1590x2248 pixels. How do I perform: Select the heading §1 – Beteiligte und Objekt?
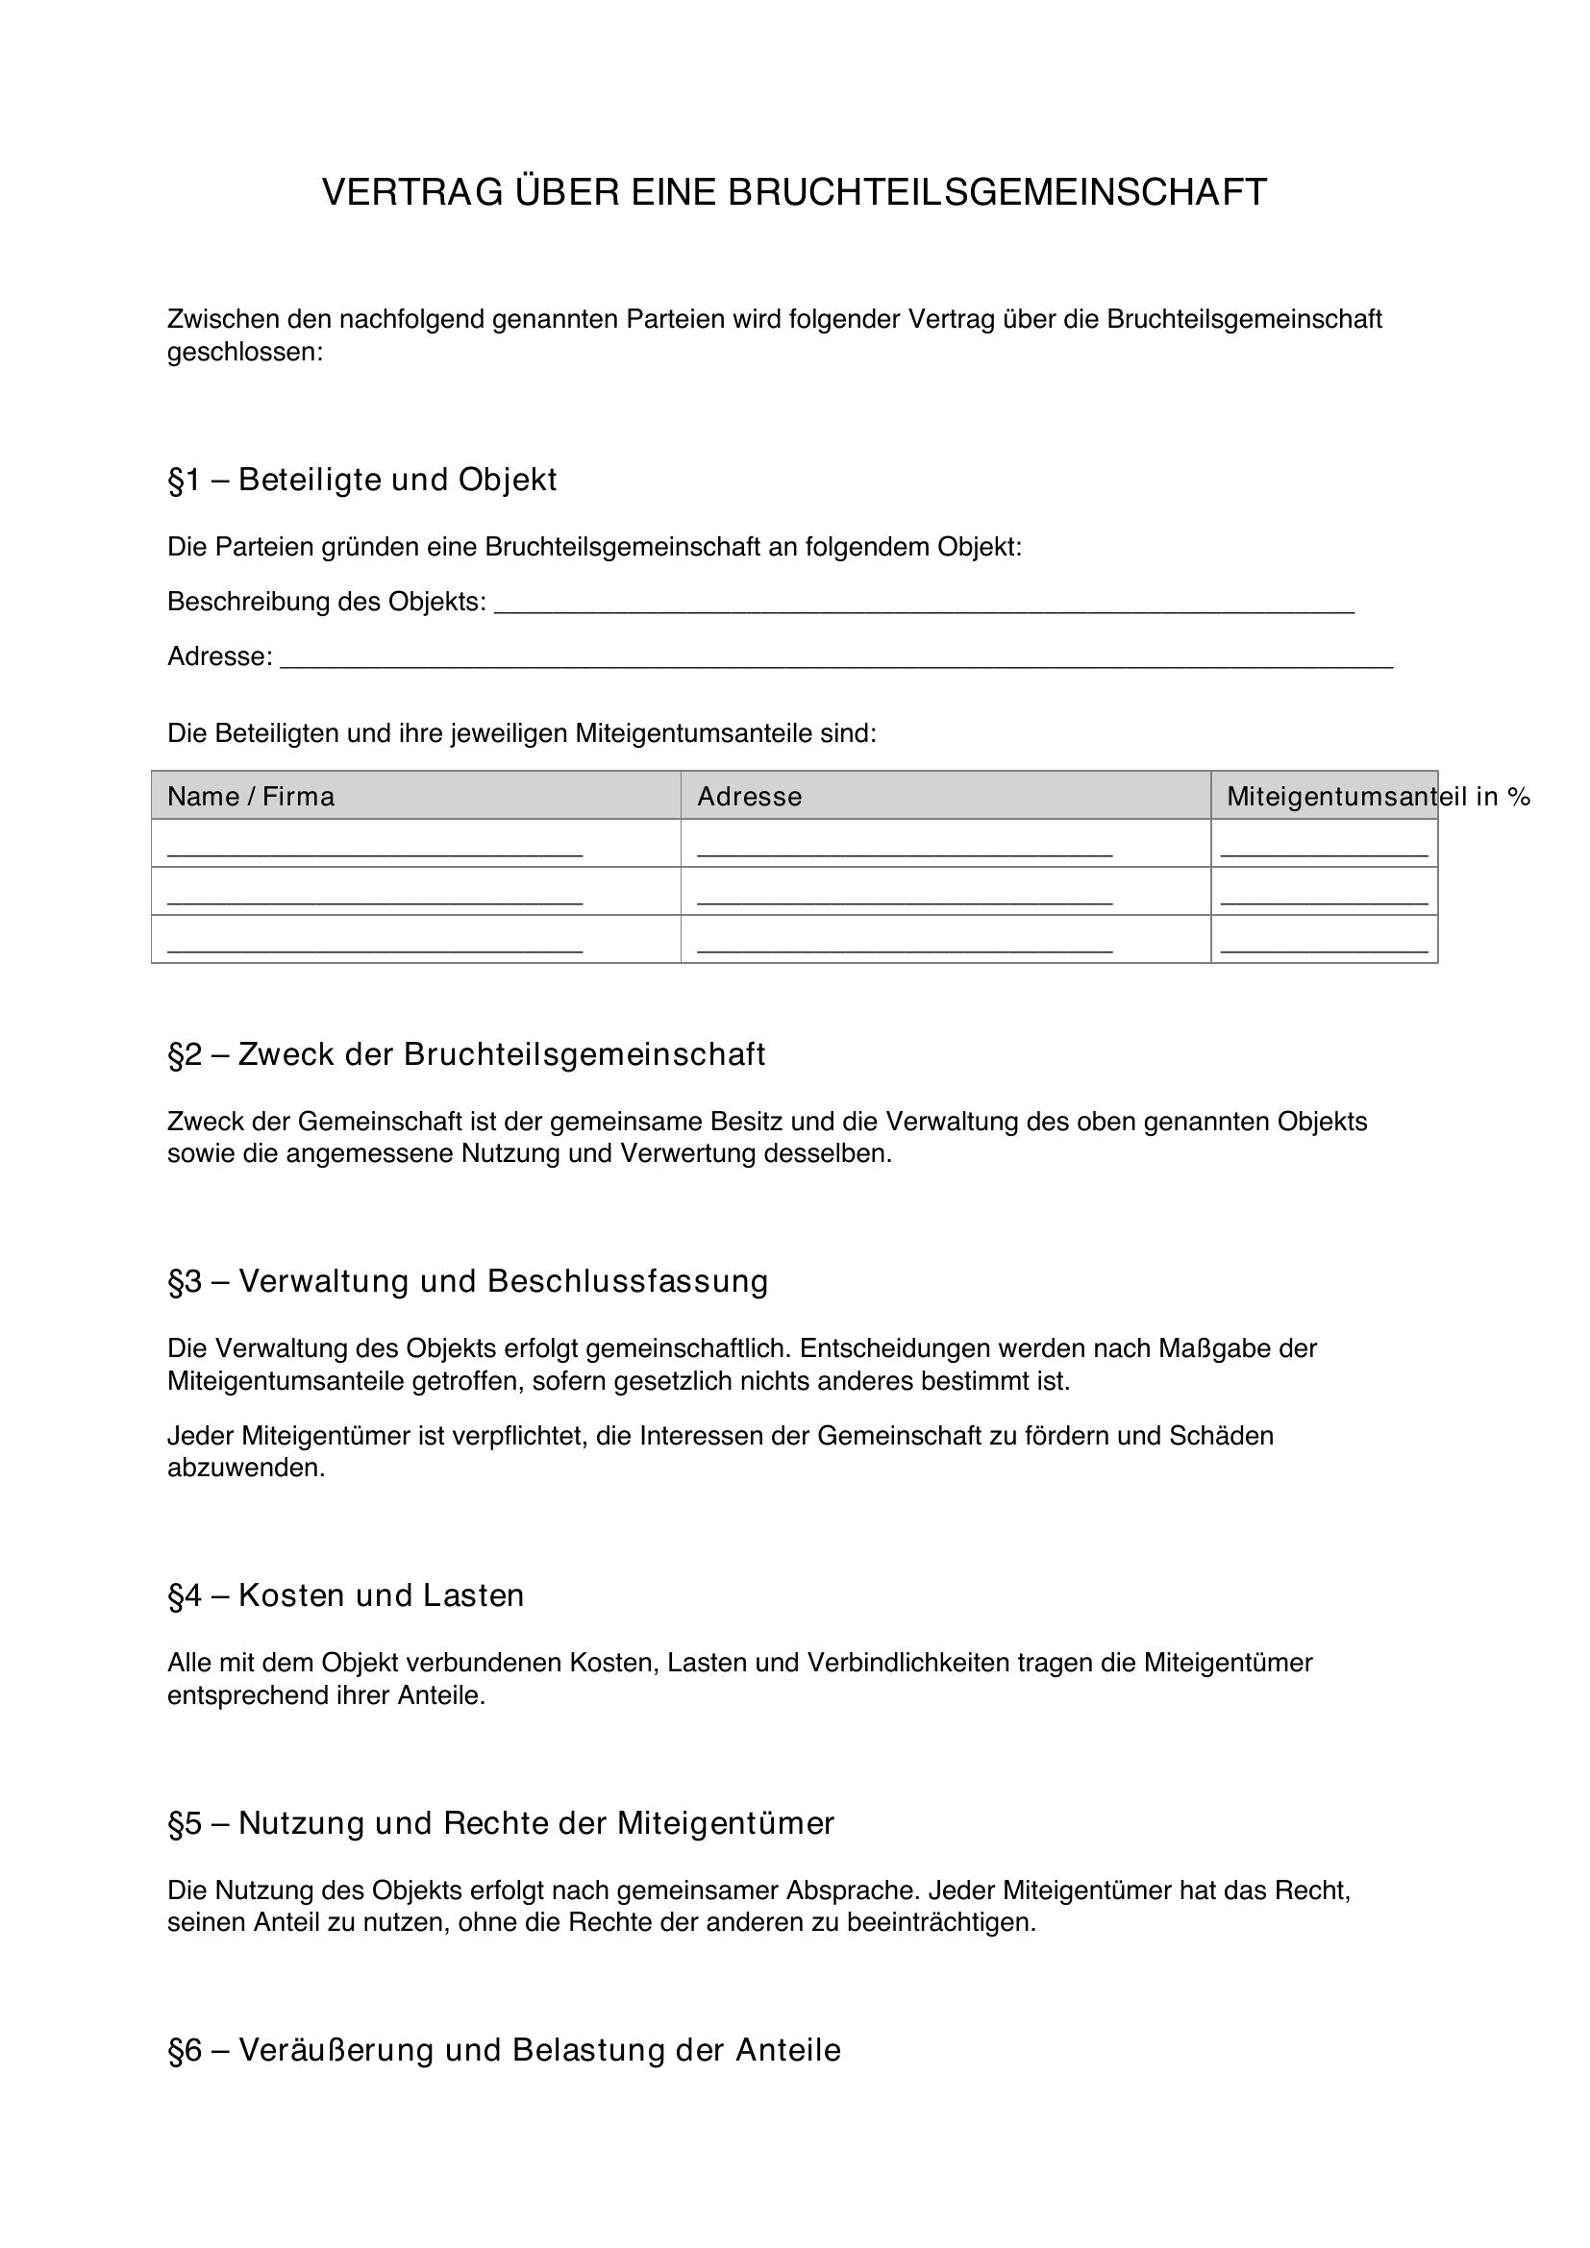(x=362, y=480)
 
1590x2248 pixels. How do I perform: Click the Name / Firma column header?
(x=251, y=797)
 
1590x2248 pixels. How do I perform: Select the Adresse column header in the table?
(x=749, y=797)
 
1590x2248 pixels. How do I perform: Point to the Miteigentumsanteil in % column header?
(x=1377, y=797)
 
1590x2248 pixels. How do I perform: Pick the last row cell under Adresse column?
(x=905, y=940)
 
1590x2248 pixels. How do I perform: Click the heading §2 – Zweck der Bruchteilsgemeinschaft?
(x=466, y=1054)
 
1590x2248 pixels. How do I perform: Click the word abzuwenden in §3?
(x=245, y=1469)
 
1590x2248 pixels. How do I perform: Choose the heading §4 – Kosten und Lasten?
(x=346, y=1596)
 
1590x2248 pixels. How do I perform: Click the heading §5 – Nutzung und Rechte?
(x=500, y=1823)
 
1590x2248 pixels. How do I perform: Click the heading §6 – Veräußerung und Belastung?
(x=505, y=2050)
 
